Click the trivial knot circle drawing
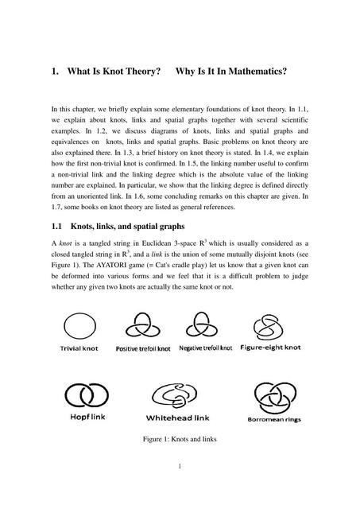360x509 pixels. tap(78, 326)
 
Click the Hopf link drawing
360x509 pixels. tap(83, 394)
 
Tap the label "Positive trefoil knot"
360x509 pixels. tap(143, 349)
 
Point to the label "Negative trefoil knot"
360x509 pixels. tap(205, 348)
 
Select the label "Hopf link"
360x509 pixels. tap(82, 416)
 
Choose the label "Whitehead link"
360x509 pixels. tap(180, 417)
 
